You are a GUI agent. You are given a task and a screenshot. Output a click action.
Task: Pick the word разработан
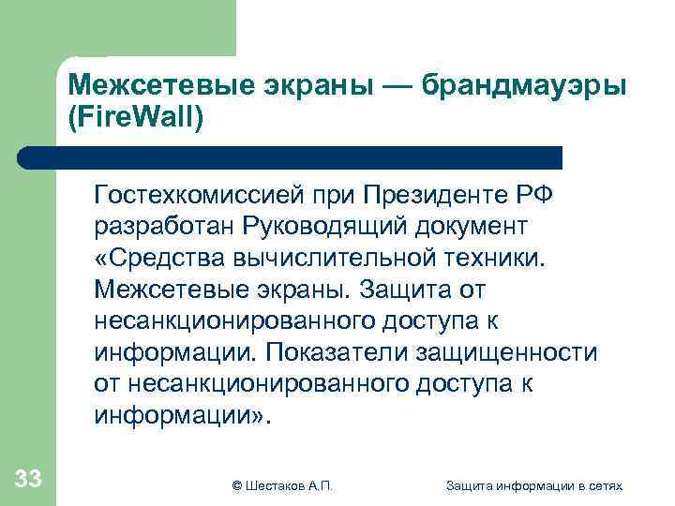coord(163,226)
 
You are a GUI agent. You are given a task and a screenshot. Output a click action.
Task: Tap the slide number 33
coord(28,480)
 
